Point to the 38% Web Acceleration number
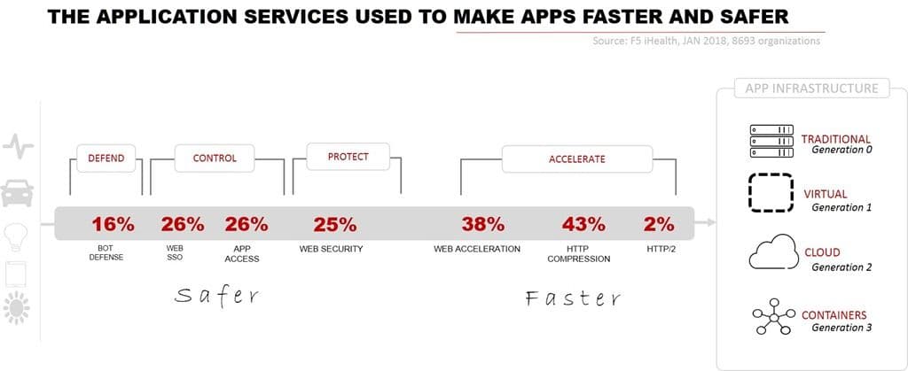482,224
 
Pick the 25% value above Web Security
335,224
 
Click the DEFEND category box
106,158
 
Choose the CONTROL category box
215,158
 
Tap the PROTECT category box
348,157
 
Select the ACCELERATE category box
576,159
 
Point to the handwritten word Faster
572,298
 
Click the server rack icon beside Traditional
770,142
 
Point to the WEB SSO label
175,253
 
